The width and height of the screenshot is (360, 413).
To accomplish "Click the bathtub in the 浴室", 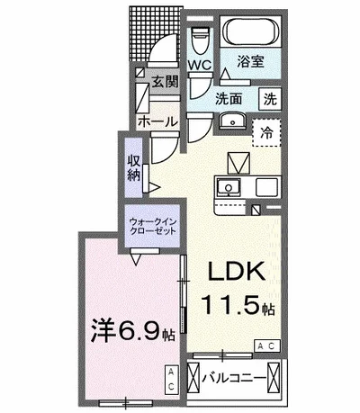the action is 251,32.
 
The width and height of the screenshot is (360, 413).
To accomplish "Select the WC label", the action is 200,65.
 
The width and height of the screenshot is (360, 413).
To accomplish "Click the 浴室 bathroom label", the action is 251,61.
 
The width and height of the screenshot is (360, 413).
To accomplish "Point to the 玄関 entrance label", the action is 165,82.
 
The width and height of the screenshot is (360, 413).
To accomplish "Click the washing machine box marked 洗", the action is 270,99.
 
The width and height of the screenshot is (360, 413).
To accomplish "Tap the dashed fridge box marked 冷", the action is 266,132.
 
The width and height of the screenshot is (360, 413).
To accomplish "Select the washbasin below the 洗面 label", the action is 232,121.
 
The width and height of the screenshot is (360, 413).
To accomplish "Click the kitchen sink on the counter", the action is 229,187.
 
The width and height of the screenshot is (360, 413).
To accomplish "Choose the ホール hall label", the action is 157,121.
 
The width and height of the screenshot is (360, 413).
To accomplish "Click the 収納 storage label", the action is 134,168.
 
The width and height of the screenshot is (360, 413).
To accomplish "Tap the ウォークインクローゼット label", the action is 152,227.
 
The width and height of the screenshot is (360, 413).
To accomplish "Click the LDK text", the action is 237,271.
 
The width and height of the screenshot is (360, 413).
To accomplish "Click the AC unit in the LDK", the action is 267,346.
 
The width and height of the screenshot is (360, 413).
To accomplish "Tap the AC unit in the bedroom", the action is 171,380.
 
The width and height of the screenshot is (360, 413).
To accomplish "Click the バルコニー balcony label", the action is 234,378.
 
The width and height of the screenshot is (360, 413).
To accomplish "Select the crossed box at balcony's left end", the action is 193,376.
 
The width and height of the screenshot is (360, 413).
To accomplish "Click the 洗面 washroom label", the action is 229,99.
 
